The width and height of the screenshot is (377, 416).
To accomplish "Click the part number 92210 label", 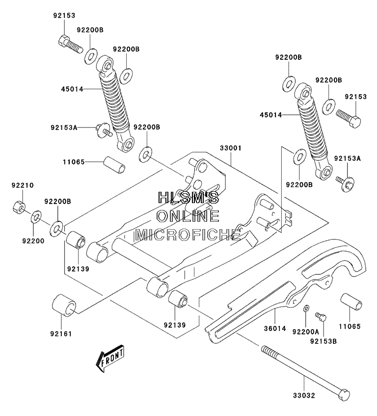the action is click(23, 185).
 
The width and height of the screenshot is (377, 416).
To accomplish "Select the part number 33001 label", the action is click(231, 148).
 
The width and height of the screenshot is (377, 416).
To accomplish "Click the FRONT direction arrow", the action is click(110, 358).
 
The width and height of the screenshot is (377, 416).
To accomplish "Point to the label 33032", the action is click(304, 395).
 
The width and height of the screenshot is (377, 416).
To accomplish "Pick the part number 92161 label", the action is click(61, 334).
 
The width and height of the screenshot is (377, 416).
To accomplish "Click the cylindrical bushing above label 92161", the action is click(64, 305).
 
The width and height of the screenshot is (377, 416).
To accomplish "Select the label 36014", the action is click(275, 329).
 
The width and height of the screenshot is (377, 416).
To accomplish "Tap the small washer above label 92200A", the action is click(306, 308).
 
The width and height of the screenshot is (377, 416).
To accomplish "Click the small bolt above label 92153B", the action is click(321, 316).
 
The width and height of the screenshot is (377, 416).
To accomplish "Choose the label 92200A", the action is click(306, 332).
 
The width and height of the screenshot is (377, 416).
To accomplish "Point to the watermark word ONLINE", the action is click(188, 216).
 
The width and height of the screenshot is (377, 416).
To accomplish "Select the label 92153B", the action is click(323, 341).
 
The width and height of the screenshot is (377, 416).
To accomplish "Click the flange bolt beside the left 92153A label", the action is click(104, 130).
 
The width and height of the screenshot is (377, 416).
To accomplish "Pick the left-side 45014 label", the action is click(72, 89).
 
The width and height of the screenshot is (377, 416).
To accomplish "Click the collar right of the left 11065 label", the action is click(114, 165).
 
